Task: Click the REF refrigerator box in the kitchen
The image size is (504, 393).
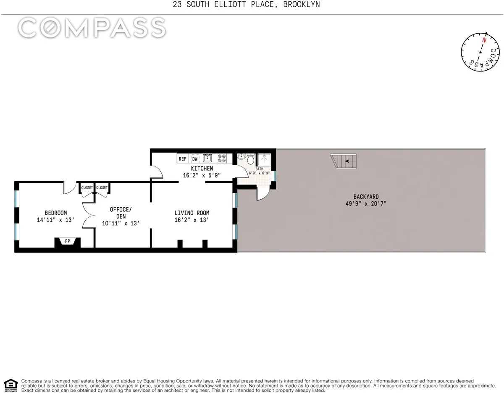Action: tap(183, 159)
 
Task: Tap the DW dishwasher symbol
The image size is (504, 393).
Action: tap(195, 159)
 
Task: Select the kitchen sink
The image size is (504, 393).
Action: tap(207, 158)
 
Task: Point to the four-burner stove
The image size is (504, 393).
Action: tap(222, 158)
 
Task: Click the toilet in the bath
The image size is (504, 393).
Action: tap(251, 159)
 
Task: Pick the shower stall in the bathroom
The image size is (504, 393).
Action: tap(265, 159)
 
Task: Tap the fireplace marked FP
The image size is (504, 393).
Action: tap(67, 242)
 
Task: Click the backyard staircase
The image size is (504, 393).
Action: tap(344, 161)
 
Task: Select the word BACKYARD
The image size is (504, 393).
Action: tap(366, 196)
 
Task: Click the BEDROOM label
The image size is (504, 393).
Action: tap(56, 213)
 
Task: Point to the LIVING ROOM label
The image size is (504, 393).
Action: tap(192, 213)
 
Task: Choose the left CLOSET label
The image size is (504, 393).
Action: tap(87, 188)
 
